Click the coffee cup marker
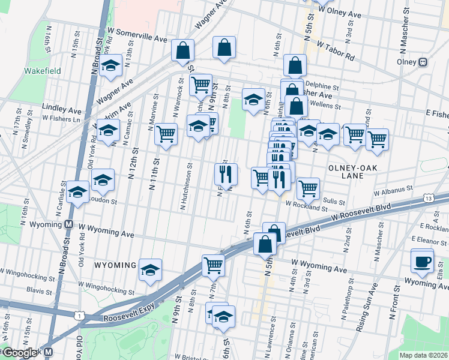421,261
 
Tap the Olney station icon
423,61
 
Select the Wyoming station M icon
68,224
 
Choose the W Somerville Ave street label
137,35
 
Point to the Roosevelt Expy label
130,318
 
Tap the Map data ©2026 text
423,355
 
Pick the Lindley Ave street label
61,109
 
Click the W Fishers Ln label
60,119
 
